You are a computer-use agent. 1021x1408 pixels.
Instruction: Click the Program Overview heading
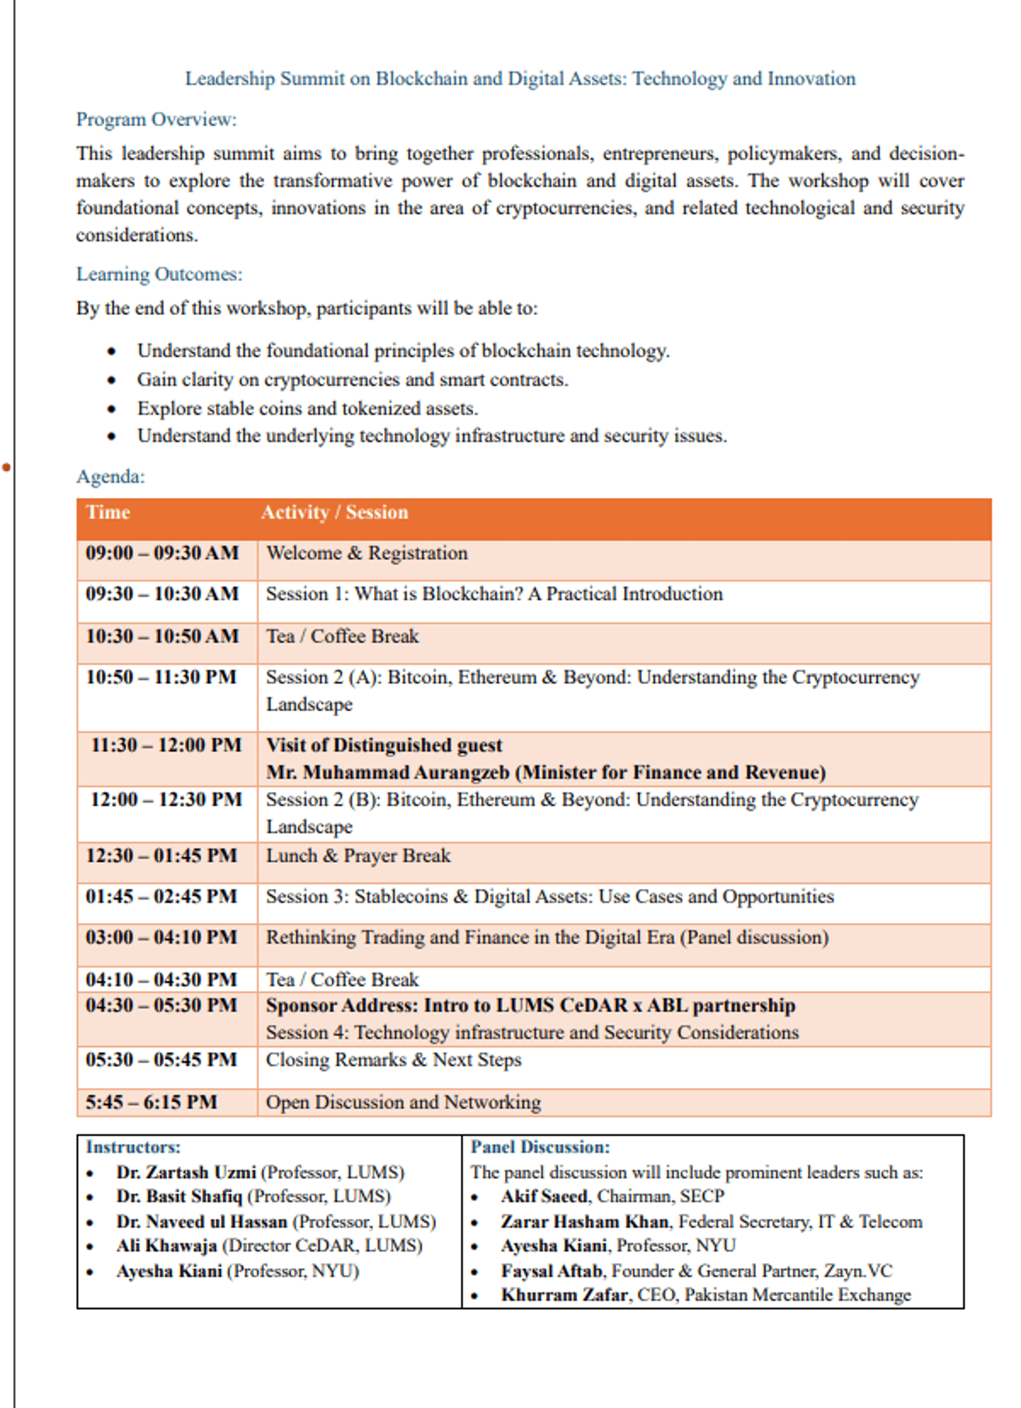pyautogui.click(x=156, y=120)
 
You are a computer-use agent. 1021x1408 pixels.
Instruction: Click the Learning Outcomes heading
pyautogui.click(x=159, y=274)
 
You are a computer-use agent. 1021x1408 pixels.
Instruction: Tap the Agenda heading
pyautogui.click(x=110, y=476)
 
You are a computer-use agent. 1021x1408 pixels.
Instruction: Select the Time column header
pyautogui.click(x=108, y=513)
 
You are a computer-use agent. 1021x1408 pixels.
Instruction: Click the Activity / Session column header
pyautogui.click(x=334, y=513)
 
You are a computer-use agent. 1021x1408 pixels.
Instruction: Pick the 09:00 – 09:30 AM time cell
pyautogui.click(x=162, y=553)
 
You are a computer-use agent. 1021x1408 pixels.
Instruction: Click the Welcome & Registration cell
pyautogui.click(x=366, y=553)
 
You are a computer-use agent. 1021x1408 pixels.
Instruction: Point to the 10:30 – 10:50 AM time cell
pyautogui.click(x=162, y=636)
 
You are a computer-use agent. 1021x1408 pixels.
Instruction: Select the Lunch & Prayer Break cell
pyautogui.click(x=358, y=856)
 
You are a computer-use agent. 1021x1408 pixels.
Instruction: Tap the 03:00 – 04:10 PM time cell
pyautogui.click(x=161, y=937)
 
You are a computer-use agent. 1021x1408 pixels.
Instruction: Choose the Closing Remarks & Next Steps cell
pyautogui.click(x=393, y=1060)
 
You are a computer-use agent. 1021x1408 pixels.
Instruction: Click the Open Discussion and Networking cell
pyautogui.click(x=403, y=1103)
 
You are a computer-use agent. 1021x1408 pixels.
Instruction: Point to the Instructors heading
pyautogui.click(x=133, y=1147)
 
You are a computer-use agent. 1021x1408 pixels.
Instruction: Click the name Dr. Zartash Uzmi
pyautogui.click(x=186, y=1173)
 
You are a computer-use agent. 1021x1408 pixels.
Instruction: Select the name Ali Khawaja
pyautogui.click(x=166, y=1246)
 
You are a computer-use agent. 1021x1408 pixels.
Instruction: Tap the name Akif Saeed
pyautogui.click(x=544, y=1197)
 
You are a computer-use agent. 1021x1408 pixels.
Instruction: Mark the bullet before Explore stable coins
pyautogui.click(x=112, y=409)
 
